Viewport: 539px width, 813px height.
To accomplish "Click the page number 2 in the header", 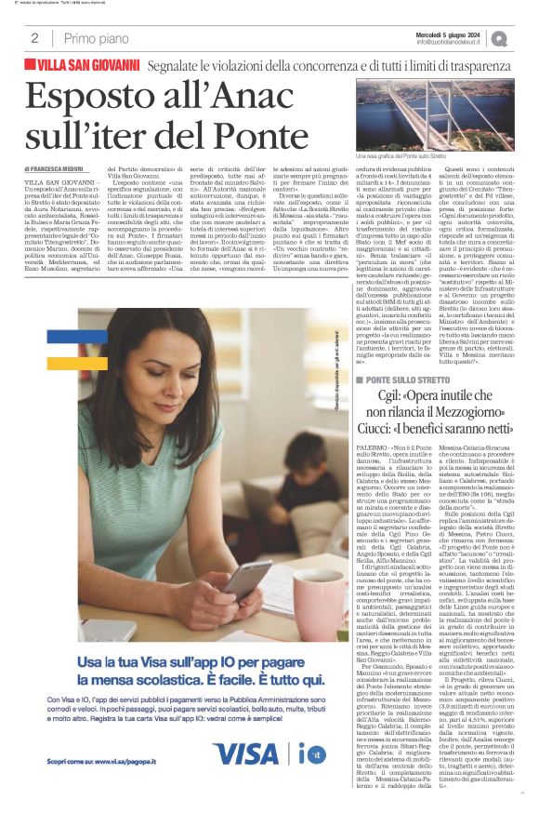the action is click(x=34, y=38).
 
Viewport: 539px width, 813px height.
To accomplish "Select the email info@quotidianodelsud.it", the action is click(x=452, y=42).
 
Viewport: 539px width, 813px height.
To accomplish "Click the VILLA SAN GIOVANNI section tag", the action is click(x=88, y=66).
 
